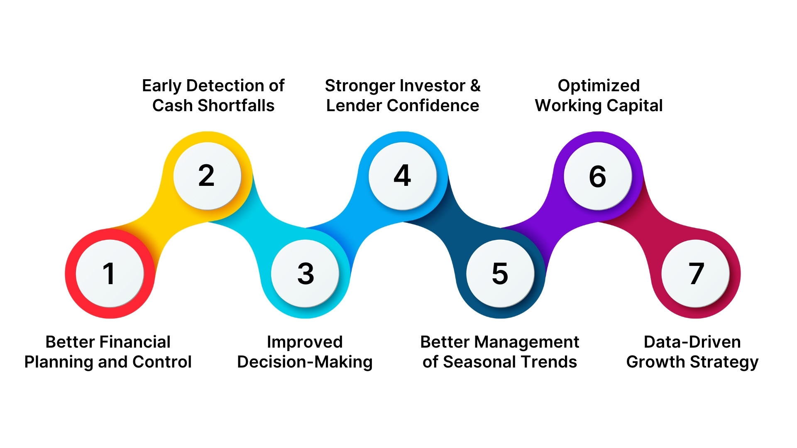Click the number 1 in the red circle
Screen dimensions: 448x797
click(x=109, y=274)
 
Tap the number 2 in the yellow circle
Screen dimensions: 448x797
click(x=206, y=176)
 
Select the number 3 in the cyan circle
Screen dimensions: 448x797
click(x=306, y=274)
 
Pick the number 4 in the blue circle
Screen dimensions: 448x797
click(x=402, y=176)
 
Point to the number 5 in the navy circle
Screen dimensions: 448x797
click(x=500, y=274)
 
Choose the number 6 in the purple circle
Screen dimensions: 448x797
click(x=597, y=176)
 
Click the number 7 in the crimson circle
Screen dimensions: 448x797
click(x=696, y=274)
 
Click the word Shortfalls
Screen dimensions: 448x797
click(x=236, y=106)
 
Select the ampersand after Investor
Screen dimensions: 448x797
click(x=475, y=86)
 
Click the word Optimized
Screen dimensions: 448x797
click(x=599, y=86)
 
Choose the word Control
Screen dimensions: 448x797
click(x=162, y=362)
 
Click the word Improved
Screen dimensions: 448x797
click(x=305, y=342)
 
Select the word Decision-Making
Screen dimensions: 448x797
click(x=305, y=362)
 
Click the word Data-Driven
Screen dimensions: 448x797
click(x=692, y=342)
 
